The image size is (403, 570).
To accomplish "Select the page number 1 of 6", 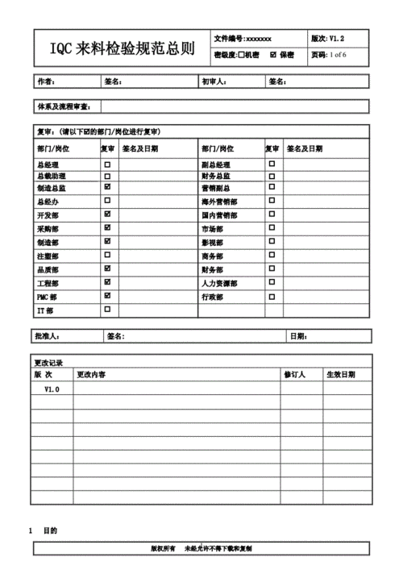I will [346, 55].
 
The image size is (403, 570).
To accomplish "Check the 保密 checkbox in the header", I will [272, 55].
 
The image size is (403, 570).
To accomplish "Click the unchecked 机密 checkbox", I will [241, 55].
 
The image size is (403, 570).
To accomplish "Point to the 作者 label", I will [46, 81].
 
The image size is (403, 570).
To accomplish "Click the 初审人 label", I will [214, 81].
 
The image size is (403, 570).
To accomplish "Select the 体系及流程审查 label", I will [64, 106].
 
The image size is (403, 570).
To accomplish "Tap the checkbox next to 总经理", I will [107, 164].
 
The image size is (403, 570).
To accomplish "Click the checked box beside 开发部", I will [107, 214].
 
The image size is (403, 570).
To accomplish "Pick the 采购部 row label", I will [48, 229].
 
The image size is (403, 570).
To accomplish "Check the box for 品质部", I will [107, 268].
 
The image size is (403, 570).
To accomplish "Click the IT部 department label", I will [45, 310].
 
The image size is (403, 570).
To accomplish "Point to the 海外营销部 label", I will [219, 202].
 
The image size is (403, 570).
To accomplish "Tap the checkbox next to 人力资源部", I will [272, 282].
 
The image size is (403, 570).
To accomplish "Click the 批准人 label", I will [49, 336].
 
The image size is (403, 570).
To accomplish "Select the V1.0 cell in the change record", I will [51, 389].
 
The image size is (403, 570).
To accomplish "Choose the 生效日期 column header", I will [340, 375].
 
